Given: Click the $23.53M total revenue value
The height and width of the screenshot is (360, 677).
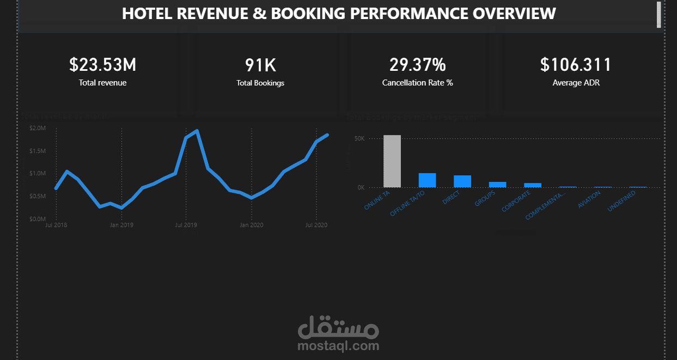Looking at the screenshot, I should (x=102, y=65).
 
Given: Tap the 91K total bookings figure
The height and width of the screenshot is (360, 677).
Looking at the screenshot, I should (x=260, y=65).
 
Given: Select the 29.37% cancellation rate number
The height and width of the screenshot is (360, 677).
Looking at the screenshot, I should (x=417, y=65).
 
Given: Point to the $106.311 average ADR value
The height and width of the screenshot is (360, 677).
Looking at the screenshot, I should (x=576, y=65).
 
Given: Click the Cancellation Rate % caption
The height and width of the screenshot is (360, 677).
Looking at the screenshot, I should (x=417, y=83).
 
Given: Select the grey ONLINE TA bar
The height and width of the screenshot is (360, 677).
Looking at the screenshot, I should (x=392, y=161).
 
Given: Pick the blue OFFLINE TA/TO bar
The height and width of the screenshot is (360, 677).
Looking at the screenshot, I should (x=427, y=180).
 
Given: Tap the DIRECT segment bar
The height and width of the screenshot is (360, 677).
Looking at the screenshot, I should (x=462, y=181).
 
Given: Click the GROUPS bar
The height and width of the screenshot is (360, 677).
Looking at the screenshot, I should (x=497, y=185).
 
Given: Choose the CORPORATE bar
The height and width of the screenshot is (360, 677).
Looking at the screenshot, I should (x=533, y=185).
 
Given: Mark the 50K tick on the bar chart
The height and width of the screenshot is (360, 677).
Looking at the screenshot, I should (x=359, y=138).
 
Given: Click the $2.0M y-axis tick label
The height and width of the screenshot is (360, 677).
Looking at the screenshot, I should (x=37, y=128).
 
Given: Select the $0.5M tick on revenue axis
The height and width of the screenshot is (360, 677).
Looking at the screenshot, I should (x=37, y=196).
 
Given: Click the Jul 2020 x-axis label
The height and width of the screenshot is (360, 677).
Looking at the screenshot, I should (x=316, y=224).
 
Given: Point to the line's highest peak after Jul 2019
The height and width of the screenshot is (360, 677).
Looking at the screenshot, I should (x=197, y=131).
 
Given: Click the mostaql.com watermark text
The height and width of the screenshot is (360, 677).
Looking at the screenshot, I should (x=338, y=345).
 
